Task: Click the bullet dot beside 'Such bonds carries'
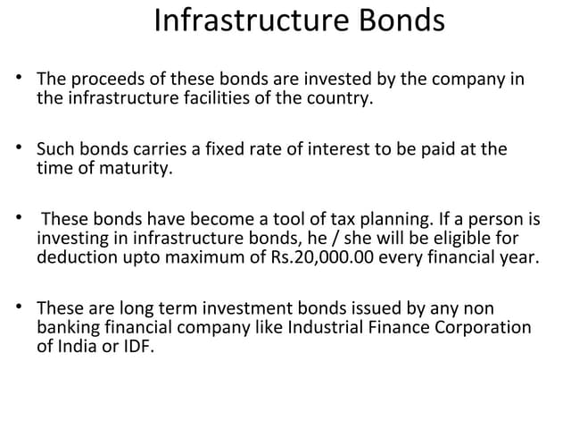(x=21, y=147)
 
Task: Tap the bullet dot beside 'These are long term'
(x=21, y=307)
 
